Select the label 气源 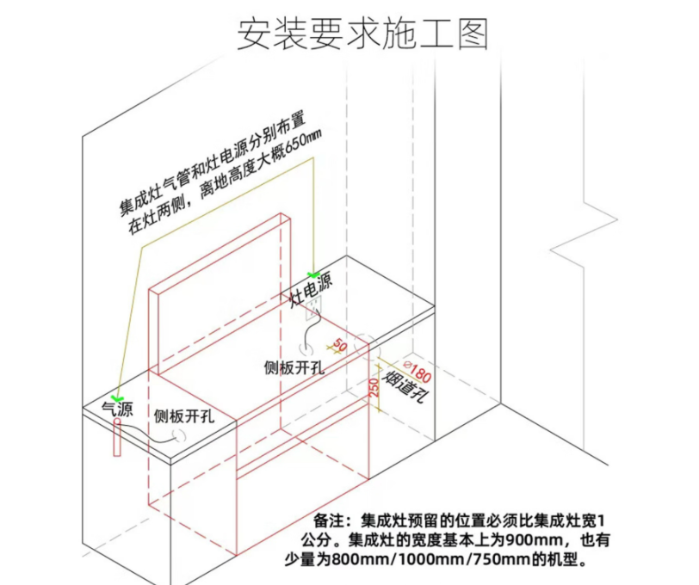[x=118, y=409]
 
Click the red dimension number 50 [x=338, y=346]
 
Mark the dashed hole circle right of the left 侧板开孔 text [x=182, y=439]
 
